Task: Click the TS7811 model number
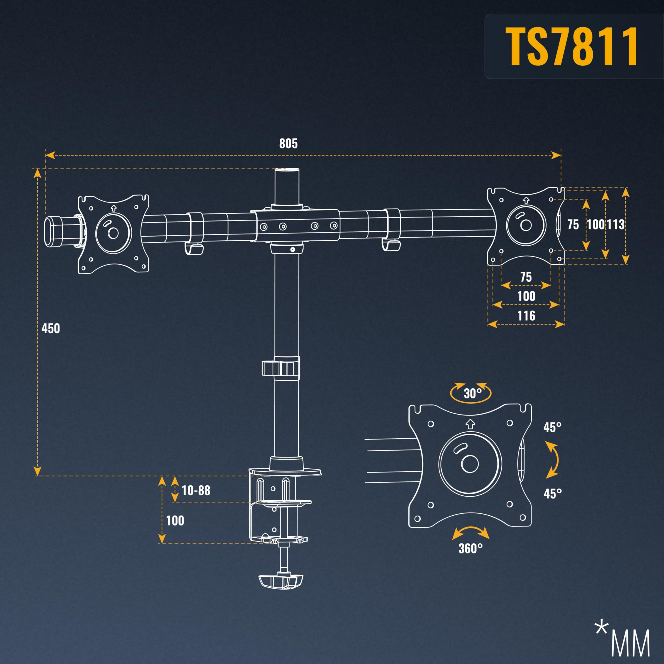572,46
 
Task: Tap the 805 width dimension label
288,143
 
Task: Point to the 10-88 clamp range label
196,490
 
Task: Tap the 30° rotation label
473,393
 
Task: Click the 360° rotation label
471,548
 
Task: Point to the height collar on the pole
280,368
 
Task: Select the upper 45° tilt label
552,427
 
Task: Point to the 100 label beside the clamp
175,521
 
